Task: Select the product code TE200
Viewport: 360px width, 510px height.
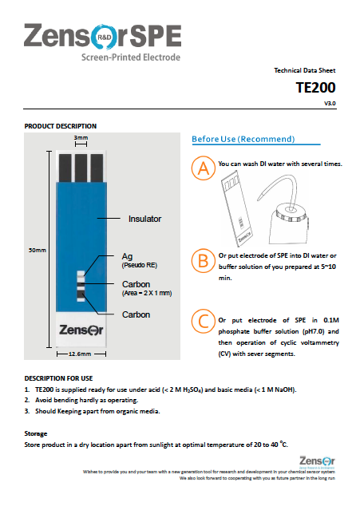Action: pos(315,88)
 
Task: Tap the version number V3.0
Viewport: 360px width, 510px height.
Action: pos(329,104)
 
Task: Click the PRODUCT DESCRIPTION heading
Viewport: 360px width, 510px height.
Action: pos(61,126)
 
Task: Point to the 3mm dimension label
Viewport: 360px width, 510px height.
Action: pos(81,138)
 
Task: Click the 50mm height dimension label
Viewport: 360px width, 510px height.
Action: pos(37,251)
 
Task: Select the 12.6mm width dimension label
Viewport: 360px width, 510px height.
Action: pos(81,354)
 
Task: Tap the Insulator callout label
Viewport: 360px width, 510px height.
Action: pos(145,218)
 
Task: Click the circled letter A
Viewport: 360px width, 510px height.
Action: pos(204,168)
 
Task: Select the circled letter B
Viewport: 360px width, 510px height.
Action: pos(204,261)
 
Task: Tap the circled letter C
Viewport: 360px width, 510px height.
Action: pos(204,321)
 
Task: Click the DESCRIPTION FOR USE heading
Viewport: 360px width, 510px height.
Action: pos(58,378)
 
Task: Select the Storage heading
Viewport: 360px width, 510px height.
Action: pos(36,433)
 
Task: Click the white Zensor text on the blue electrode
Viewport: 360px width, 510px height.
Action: pos(80,329)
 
